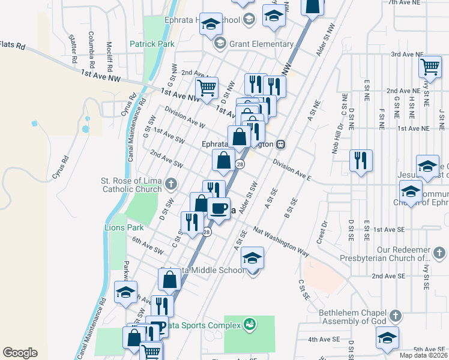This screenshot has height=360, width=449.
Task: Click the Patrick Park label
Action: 152,44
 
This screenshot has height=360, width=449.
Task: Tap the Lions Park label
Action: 124,228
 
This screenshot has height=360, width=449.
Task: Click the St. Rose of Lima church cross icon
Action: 171,183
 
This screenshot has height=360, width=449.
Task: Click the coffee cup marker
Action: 218,209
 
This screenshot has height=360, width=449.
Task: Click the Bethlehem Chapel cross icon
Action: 395,315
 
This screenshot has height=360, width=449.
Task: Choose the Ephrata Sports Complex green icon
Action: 249,325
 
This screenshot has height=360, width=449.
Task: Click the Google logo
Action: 20,352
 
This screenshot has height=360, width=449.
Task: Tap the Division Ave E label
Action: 292,170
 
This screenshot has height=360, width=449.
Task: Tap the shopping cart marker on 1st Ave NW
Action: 206,88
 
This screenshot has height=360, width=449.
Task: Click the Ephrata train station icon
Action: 280,144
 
